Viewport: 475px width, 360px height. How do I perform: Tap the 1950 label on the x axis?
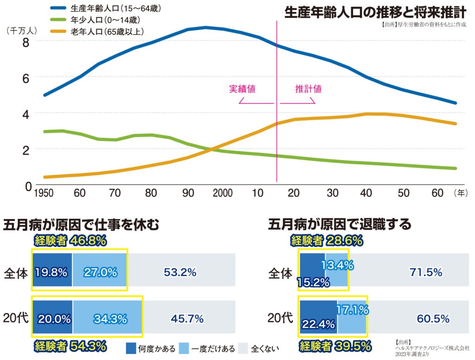click(x=44, y=193)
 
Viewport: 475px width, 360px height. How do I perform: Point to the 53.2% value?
click(x=180, y=272)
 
